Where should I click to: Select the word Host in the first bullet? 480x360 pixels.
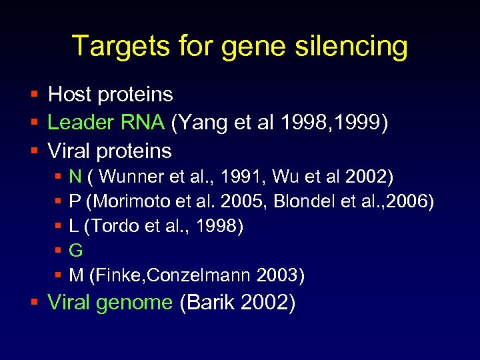(x=69, y=95)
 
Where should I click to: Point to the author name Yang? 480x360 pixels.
(x=199, y=123)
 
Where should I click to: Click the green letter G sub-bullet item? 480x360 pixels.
(x=76, y=251)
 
